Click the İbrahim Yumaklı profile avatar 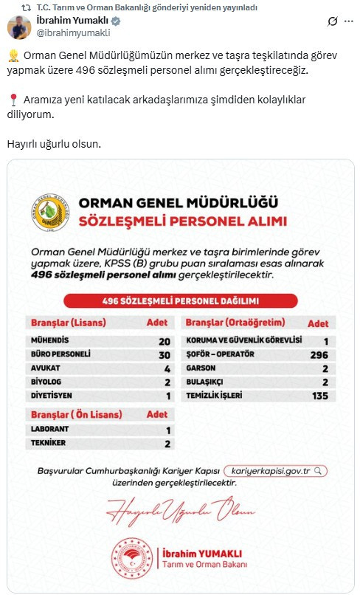(18, 27)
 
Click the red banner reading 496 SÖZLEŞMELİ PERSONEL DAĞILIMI (180, 300)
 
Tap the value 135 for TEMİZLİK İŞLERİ (320, 395)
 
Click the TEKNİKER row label (47, 444)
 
